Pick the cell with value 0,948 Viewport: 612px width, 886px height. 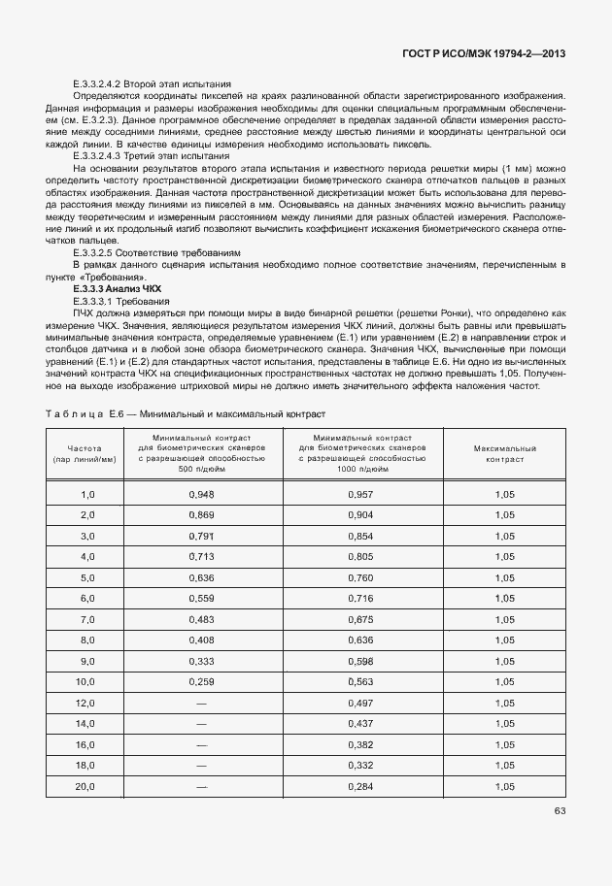point(202,494)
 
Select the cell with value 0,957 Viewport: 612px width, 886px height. point(360,494)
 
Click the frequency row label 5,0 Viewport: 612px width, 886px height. point(87,577)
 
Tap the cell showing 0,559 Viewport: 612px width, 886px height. point(202,598)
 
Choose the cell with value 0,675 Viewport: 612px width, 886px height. point(360,619)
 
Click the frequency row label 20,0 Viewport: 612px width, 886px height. point(86,785)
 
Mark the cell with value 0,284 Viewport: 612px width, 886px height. point(360,785)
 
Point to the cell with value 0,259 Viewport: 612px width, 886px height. point(202,681)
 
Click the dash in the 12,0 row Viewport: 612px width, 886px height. point(202,703)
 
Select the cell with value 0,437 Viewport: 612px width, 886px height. point(360,723)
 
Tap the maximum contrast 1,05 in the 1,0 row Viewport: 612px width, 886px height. point(504,494)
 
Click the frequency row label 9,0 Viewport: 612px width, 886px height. point(87,661)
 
